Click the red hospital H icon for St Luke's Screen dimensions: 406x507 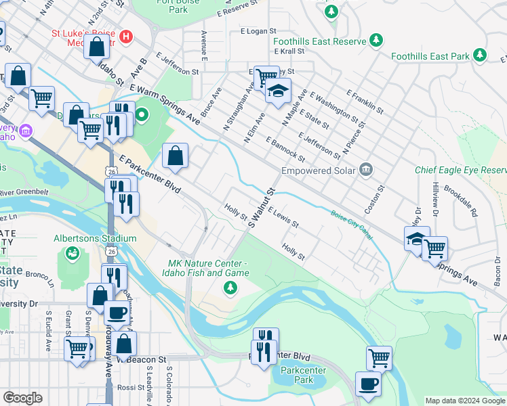click(125, 36)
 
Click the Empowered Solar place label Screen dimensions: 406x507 click(319, 171)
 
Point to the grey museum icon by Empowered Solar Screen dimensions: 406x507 click(366, 169)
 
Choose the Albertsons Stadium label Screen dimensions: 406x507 click(95, 238)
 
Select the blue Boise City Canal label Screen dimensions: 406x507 click(351, 224)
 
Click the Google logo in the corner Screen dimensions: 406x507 click(22, 398)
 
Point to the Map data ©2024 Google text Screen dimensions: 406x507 click(464, 401)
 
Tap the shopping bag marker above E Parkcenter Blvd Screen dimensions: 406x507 click(176, 156)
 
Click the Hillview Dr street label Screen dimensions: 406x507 click(436, 196)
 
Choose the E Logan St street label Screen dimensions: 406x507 click(258, 31)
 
